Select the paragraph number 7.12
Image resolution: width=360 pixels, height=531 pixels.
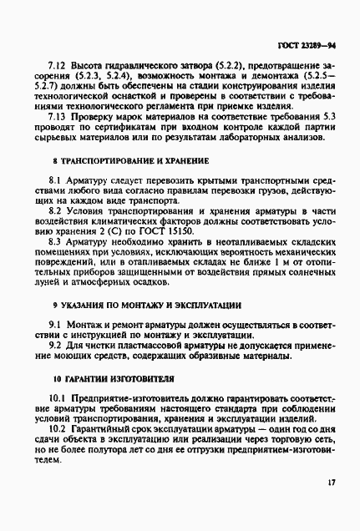pos(57,65)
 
